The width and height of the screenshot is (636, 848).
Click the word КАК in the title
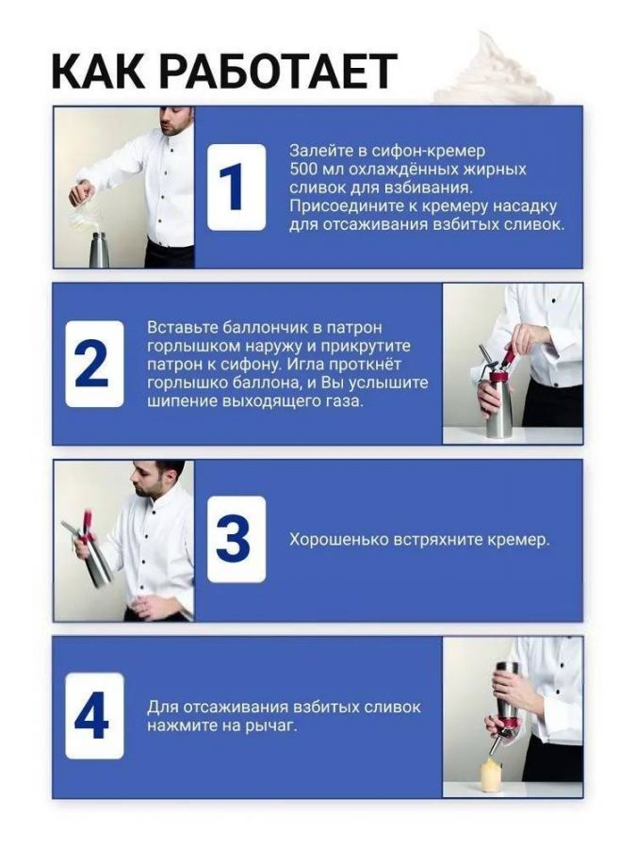[98, 71]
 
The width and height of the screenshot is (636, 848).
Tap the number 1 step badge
[236, 188]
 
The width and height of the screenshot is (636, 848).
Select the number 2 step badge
[94, 364]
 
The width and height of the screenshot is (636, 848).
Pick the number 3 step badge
[236, 540]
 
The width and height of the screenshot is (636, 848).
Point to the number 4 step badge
[94, 716]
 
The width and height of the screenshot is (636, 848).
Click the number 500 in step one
[305, 169]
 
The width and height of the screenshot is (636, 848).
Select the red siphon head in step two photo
[500, 367]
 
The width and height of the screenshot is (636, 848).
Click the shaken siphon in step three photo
[90, 549]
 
